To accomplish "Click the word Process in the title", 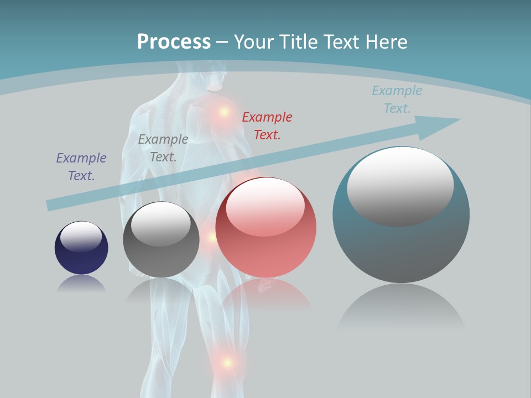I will pyautogui.click(x=174, y=41).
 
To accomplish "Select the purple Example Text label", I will pyautogui.click(x=81, y=166).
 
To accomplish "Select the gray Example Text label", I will pyautogui.click(x=163, y=148).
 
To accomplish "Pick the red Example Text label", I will pyautogui.click(x=267, y=125).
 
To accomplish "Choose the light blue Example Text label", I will pyautogui.click(x=397, y=99).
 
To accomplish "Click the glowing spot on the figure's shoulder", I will pyautogui.click(x=224, y=112).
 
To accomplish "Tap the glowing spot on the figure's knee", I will pyautogui.click(x=226, y=363).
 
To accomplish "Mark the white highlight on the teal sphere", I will pyautogui.click(x=400, y=185).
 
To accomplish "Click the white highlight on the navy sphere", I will pyautogui.click(x=81, y=237).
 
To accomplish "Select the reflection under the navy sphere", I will pyautogui.click(x=81, y=284).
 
